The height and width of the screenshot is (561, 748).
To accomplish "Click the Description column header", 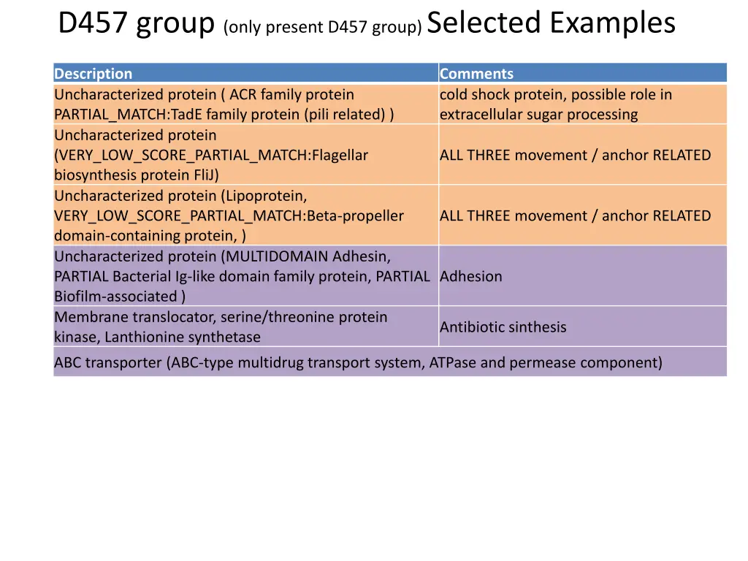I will [x=93, y=74].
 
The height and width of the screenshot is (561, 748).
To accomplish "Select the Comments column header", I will [x=476, y=74].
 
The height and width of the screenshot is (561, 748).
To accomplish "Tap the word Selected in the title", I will [x=483, y=23].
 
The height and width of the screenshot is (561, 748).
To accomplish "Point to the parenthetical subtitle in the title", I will [x=324, y=28].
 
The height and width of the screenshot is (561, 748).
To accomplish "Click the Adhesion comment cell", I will [x=471, y=276].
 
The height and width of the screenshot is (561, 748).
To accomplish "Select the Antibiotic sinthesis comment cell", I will [x=503, y=327].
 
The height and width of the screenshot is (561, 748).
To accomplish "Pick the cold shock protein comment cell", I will [x=555, y=104].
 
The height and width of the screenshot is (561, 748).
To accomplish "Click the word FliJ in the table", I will [x=203, y=175].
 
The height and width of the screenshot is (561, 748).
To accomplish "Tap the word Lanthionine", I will [x=146, y=337].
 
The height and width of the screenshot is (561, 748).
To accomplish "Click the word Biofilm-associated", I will [x=115, y=297].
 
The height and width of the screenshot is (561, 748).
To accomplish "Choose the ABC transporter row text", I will [x=358, y=362].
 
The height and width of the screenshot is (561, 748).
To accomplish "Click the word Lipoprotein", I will [x=265, y=196].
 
